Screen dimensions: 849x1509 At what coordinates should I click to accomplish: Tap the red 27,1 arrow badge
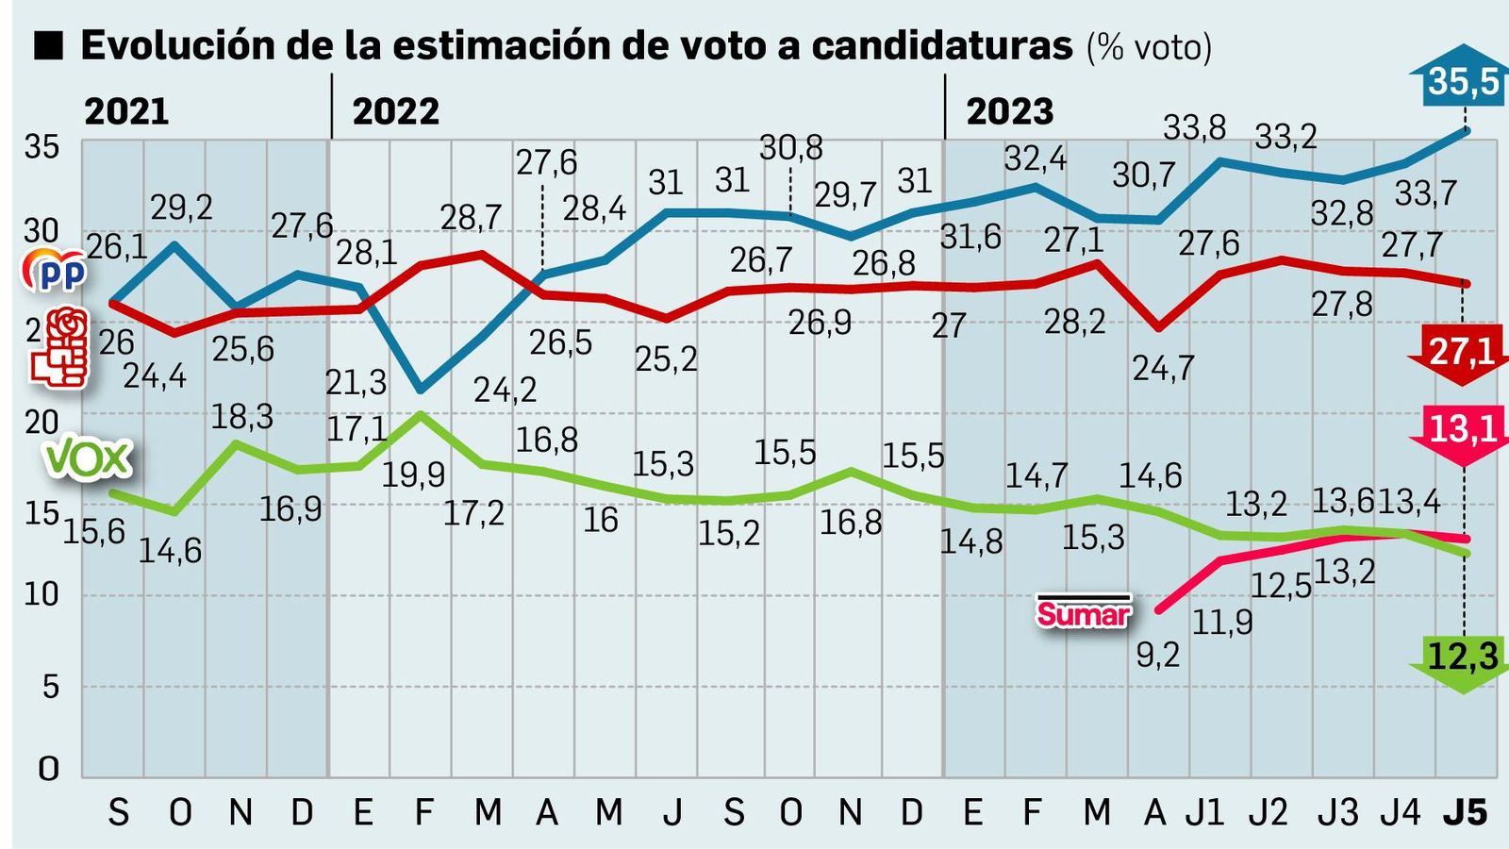(1462, 353)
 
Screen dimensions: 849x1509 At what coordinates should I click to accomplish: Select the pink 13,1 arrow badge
(1462, 431)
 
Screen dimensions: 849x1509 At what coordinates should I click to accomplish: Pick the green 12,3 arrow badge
(1462, 658)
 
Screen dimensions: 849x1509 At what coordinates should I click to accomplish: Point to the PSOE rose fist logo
(60, 348)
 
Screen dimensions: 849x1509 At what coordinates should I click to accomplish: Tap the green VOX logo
(87, 459)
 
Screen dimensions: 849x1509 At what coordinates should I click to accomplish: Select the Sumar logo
(1083, 613)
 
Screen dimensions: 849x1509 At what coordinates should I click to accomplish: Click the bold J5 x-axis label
(1465, 812)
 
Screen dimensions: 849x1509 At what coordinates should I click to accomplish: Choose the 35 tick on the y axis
(41, 147)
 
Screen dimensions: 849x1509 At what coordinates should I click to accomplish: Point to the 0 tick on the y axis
(47, 769)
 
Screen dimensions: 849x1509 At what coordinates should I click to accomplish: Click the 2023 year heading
(1009, 112)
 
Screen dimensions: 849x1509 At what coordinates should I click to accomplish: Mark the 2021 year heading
(126, 112)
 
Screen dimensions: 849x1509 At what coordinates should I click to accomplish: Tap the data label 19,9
(413, 474)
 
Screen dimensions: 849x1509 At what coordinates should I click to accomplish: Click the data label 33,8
(1194, 126)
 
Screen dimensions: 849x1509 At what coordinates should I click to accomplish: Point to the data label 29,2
(181, 208)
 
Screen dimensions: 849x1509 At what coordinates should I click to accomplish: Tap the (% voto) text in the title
(1149, 47)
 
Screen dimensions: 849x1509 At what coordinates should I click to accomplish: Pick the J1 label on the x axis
(1204, 812)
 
